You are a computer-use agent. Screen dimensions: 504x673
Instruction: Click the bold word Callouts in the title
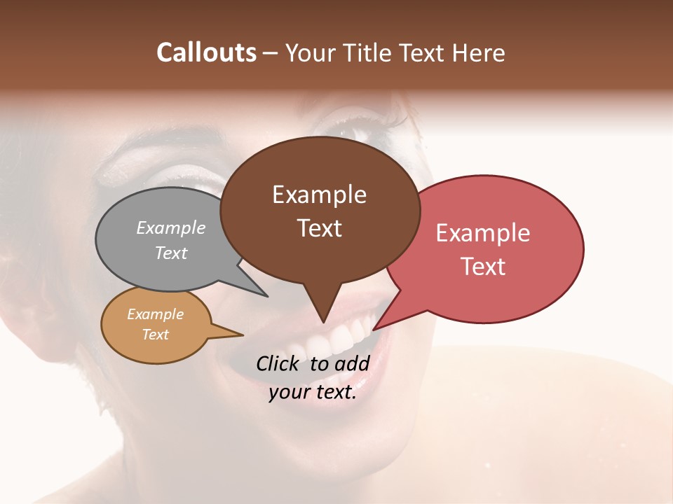point(206,52)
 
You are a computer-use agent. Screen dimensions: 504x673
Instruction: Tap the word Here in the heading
point(479,52)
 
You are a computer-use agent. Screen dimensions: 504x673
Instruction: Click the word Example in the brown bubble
point(319,195)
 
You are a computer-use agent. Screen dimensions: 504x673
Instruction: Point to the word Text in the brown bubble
point(319,228)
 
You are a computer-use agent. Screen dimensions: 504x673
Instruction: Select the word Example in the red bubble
point(483,233)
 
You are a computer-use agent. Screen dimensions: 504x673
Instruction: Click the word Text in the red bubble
point(483,267)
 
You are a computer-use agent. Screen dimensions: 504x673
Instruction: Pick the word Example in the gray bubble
point(171,227)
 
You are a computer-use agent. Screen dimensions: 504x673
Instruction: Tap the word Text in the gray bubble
point(171,253)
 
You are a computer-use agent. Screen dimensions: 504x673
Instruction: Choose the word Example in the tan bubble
point(156,314)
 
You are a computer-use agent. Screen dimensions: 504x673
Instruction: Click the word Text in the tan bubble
point(156,335)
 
